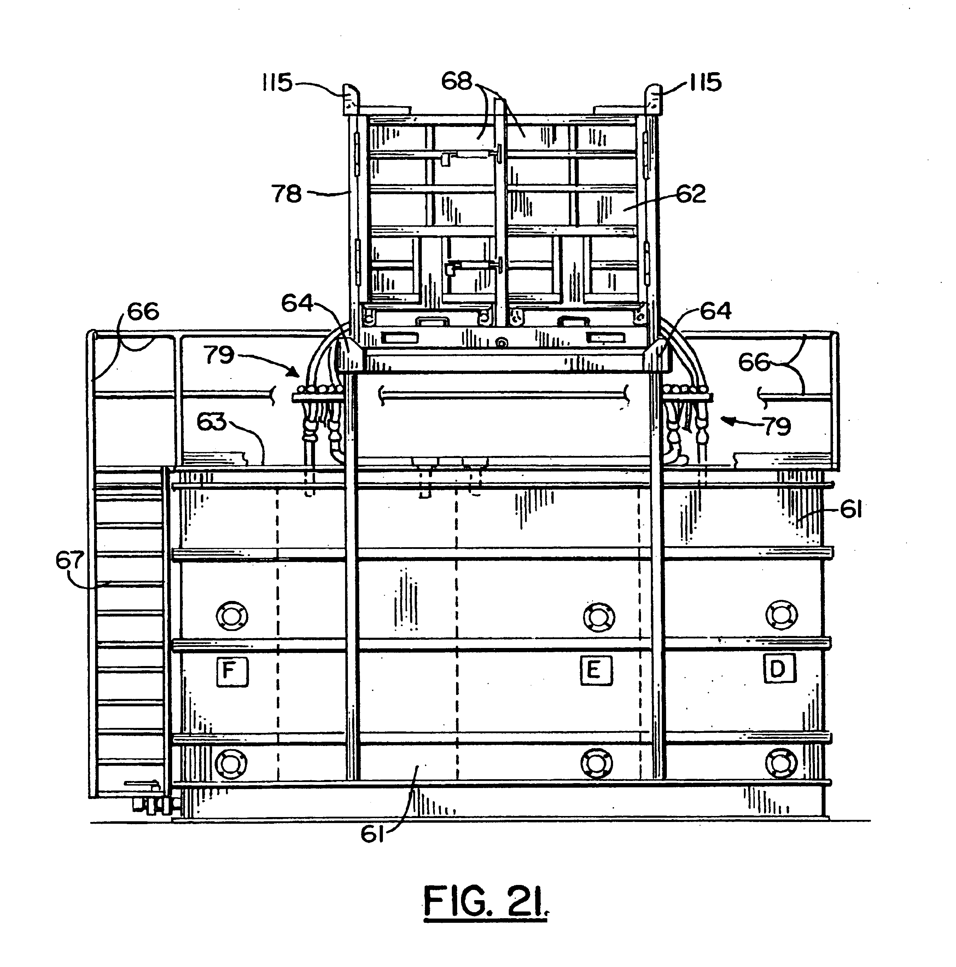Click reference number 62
[690, 194]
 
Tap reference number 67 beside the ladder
[70, 561]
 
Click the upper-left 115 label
[278, 82]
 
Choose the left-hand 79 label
[218, 355]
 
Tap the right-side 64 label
[715, 311]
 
